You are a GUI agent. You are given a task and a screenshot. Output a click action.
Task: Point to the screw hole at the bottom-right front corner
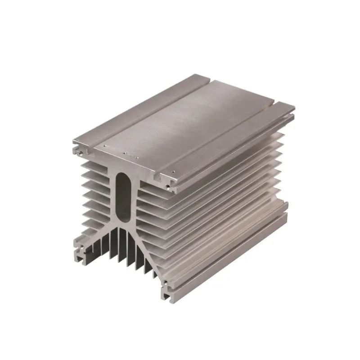click(165, 284)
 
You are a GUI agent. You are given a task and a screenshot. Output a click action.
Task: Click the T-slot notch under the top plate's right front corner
click(162, 180)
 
